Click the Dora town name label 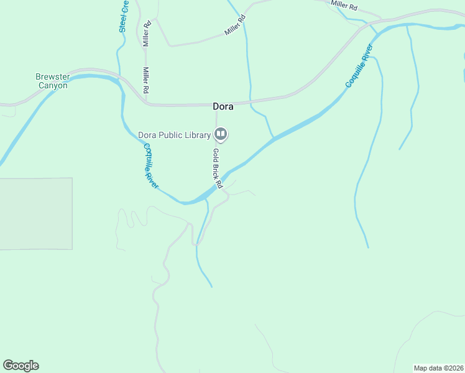click(x=223, y=106)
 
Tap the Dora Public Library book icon click(x=220, y=134)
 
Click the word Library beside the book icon click(x=197, y=134)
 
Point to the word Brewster click(x=52, y=77)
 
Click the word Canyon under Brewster click(x=52, y=85)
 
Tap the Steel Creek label click(x=124, y=16)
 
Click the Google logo click(x=21, y=366)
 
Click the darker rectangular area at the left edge click(x=35, y=213)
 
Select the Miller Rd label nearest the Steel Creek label click(x=147, y=34)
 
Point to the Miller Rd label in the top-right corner click(x=344, y=5)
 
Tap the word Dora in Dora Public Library click(x=146, y=134)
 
